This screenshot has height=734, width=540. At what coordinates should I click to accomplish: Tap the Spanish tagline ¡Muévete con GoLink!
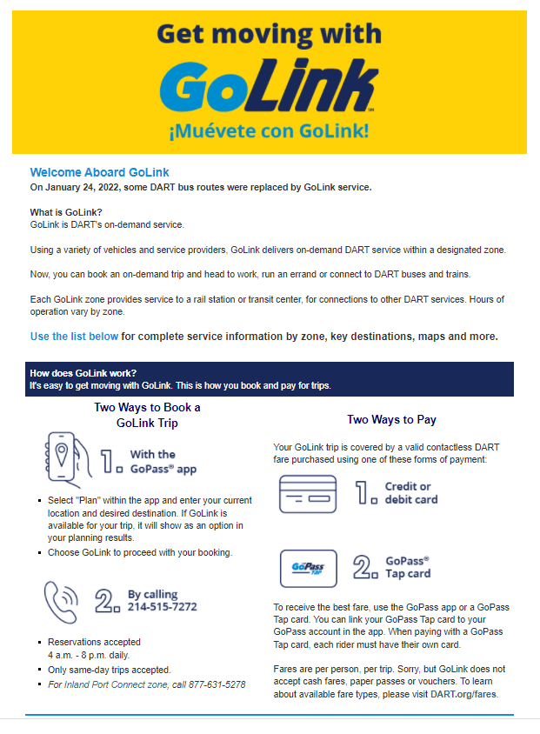coord(269,131)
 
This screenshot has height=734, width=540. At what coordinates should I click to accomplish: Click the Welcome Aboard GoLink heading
coord(99,172)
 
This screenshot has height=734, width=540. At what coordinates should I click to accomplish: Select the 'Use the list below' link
coord(74,336)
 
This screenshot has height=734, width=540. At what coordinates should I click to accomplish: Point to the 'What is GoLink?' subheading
coord(66,213)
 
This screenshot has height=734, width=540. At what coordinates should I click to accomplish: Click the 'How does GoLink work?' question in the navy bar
coord(83,373)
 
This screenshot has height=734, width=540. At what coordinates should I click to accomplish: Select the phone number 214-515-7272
coord(163,606)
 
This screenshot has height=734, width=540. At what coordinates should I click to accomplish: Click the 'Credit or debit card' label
coord(411,493)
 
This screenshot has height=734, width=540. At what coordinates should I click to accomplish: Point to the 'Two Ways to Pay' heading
coord(391,420)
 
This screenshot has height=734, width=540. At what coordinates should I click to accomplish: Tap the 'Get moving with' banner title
coord(269,34)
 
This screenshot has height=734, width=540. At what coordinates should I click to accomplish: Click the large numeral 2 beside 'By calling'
coord(107,599)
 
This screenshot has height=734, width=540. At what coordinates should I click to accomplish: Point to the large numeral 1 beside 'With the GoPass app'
coord(111,461)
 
